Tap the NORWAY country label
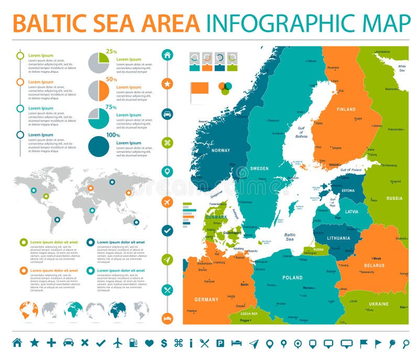(220, 151)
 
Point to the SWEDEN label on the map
(259, 168)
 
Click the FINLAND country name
(346, 109)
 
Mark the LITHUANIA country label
(338, 238)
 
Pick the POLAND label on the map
(292, 277)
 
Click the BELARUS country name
(374, 265)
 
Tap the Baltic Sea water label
(290, 237)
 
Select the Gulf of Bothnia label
(301, 133)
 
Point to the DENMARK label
(216, 217)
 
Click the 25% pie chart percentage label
(111, 51)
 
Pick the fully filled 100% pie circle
(98, 147)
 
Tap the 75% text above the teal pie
(111, 107)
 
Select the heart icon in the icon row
(149, 343)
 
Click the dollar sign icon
(164, 343)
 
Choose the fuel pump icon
(135, 343)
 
